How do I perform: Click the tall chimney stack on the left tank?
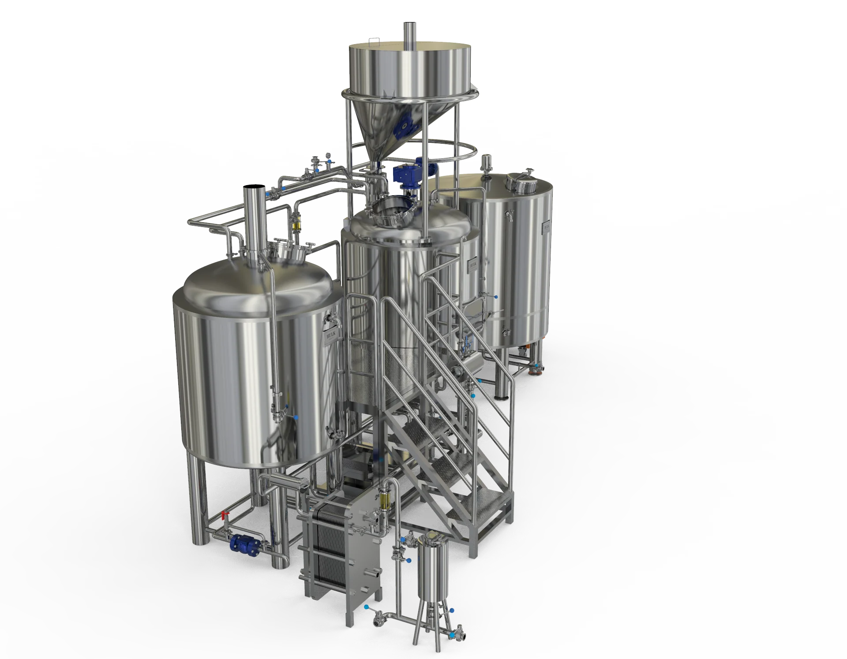[254, 220]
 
